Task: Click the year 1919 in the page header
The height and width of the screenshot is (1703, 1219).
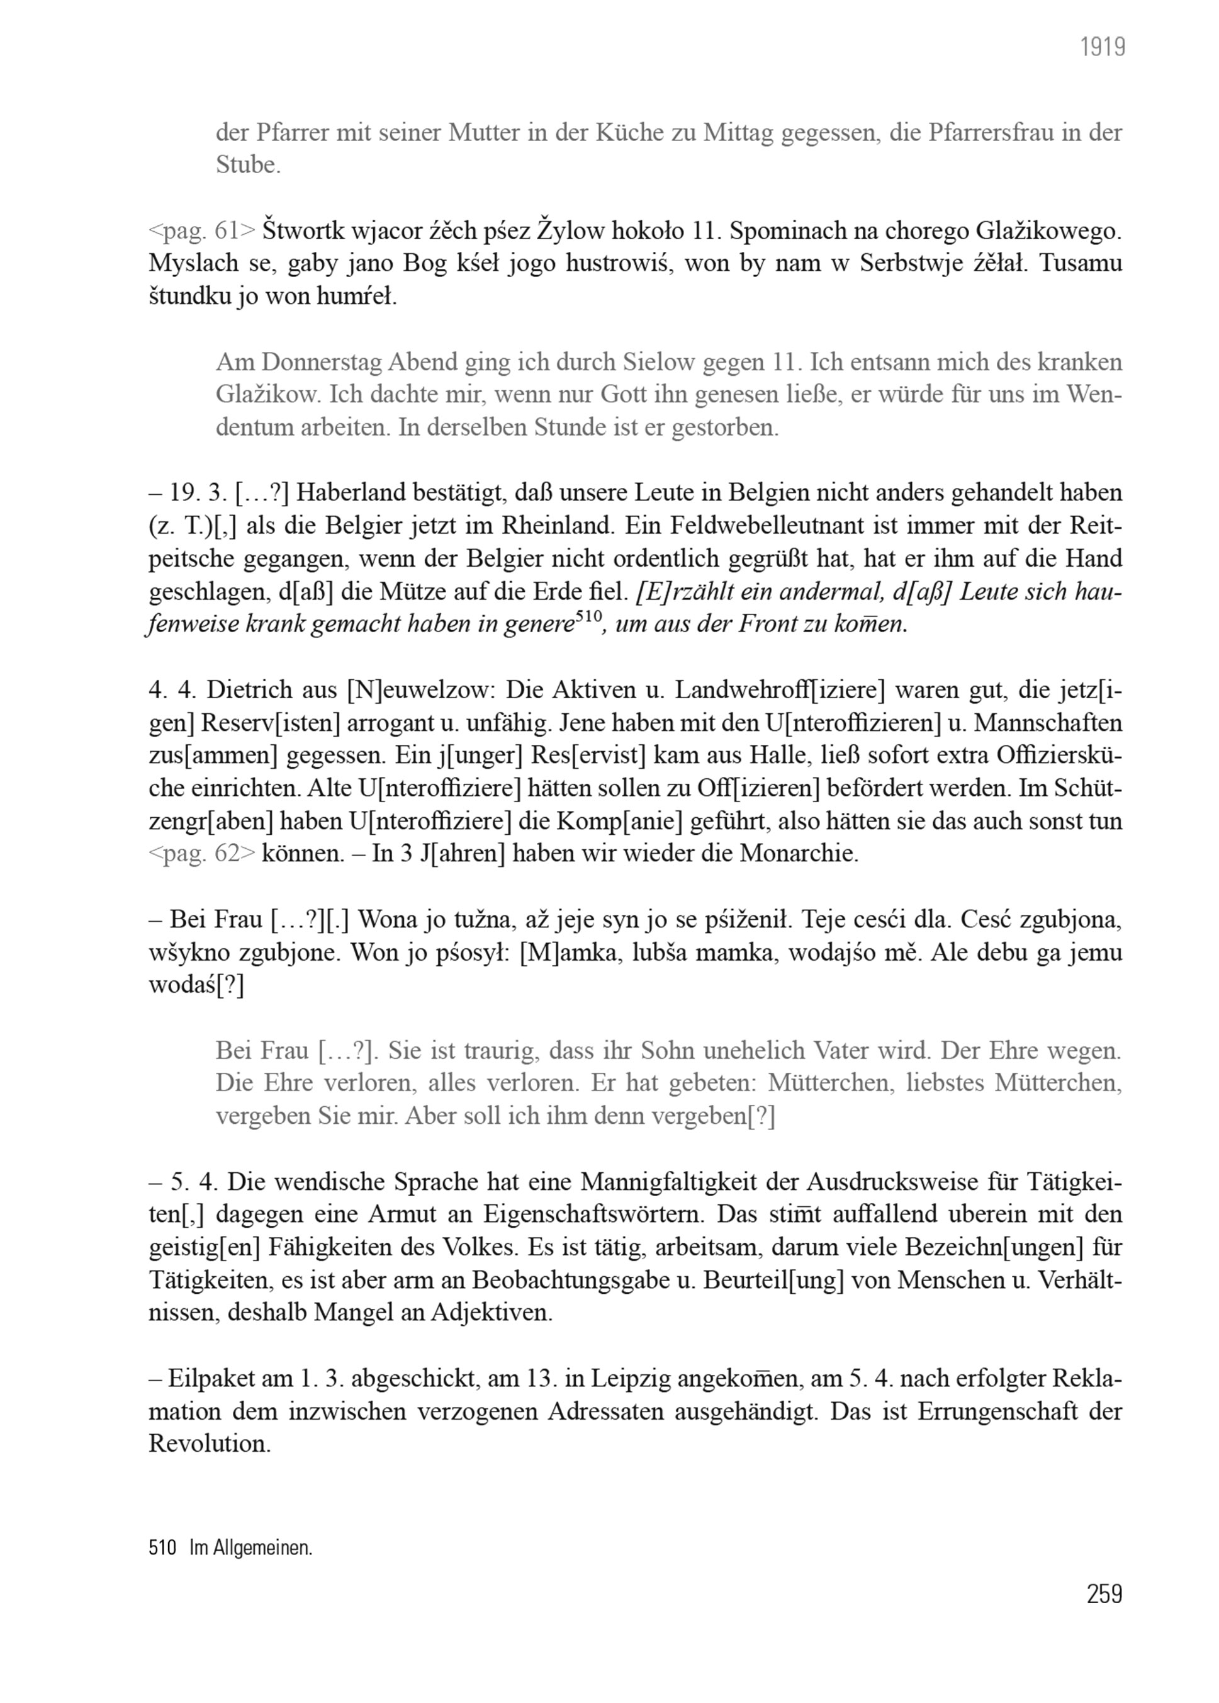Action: [x=1102, y=48]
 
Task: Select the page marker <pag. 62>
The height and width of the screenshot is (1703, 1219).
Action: [x=202, y=854]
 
